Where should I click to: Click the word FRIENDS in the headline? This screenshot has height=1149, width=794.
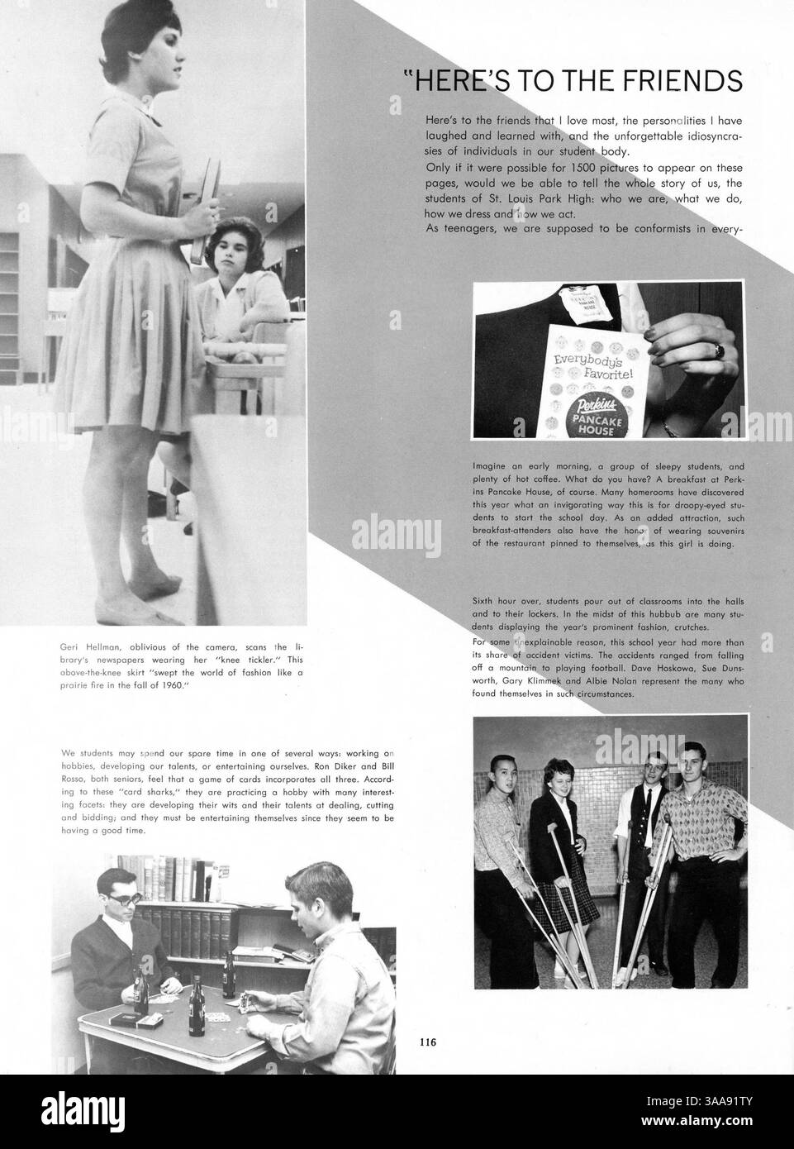tap(682, 80)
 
